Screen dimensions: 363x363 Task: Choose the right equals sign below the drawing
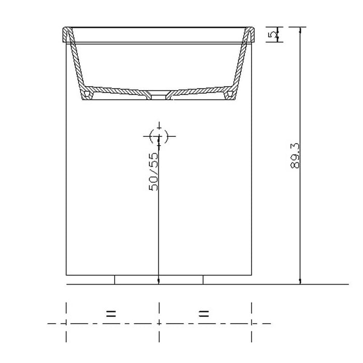point(204,313)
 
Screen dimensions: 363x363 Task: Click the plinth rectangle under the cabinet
point(158,280)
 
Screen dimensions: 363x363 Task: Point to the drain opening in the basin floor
point(158,95)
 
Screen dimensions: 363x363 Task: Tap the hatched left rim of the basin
point(66,35)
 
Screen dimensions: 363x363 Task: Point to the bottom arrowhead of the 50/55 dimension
point(158,282)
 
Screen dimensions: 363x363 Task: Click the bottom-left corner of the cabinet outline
point(66,275)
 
